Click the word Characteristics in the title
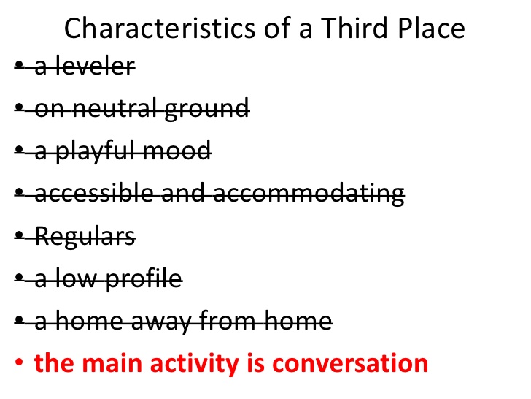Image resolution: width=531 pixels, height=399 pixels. pos(160,28)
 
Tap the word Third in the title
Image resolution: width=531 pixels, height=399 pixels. pos(354,28)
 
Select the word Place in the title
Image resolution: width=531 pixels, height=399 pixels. pos(432,28)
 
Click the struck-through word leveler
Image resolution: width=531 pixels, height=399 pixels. pos(95,66)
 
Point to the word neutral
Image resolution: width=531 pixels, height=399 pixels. pos(115,109)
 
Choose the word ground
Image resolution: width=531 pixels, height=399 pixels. pos(207,110)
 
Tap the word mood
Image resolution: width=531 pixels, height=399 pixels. pos(177,151)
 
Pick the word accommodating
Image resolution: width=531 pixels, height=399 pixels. pos(309,194)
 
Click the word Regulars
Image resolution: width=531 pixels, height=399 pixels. pos(85,237)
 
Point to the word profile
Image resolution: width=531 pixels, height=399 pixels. pos(144,279)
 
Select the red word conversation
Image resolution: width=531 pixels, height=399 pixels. pos(351,363)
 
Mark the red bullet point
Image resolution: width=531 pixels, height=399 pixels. pos(19,362)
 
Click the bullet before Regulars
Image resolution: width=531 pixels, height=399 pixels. pos(19,235)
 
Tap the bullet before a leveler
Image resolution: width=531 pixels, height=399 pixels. pos(19,64)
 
